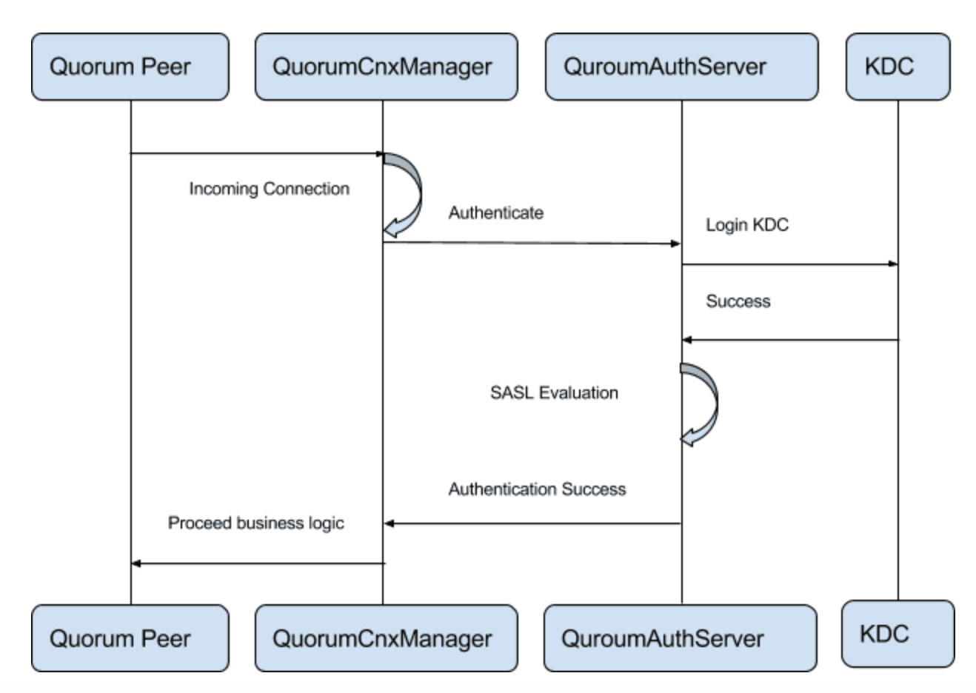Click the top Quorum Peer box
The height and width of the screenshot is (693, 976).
click(130, 67)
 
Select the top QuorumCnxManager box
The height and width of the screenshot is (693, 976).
click(386, 67)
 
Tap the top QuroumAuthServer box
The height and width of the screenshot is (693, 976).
click(681, 67)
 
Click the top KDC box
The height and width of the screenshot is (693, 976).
click(898, 67)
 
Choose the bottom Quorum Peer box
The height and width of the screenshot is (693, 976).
click(130, 638)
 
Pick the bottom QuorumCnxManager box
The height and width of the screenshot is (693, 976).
click(386, 638)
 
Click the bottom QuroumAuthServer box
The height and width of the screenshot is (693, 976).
click(680, 638)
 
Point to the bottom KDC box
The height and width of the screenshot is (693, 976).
click(898, 633)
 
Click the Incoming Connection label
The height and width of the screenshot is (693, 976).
click(269, 189)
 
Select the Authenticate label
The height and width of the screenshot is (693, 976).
click(495, 213)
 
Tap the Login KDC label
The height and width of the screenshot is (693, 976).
click(746, 225)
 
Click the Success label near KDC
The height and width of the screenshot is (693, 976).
click(738, 301)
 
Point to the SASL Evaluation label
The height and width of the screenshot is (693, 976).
click(554, 393)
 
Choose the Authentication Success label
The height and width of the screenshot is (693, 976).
click(537, 489)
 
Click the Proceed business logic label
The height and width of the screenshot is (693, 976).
click(255, 523)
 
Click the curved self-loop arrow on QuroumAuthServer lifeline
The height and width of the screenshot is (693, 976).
click(704, 404)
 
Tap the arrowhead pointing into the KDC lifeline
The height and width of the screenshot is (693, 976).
click(893, 264)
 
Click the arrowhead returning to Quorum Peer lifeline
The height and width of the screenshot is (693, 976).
click(136, 563)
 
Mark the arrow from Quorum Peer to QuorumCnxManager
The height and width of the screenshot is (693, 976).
click(255, 154)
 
